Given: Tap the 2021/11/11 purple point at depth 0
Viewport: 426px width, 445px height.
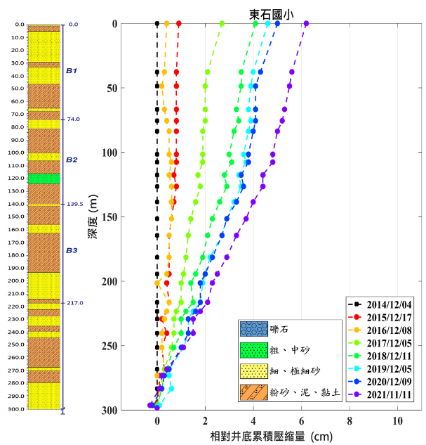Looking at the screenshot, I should tap(305, 24).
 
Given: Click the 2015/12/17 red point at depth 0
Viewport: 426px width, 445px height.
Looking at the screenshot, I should tap(179, 24).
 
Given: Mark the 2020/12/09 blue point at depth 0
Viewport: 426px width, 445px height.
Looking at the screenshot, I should tap(277, 24).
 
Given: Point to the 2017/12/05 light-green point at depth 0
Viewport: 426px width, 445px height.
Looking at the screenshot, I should tap(222, 24).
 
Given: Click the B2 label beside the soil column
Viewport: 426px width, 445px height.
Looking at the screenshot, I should tap(72, 160).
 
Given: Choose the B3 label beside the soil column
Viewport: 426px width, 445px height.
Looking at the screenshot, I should tap(72, 250).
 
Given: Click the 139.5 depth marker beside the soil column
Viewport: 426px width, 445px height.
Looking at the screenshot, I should tap(75, 204).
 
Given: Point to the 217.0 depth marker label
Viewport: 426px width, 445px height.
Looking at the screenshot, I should tap(75, 303).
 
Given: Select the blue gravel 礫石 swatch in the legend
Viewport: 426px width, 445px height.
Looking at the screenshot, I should tap(251, 329).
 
